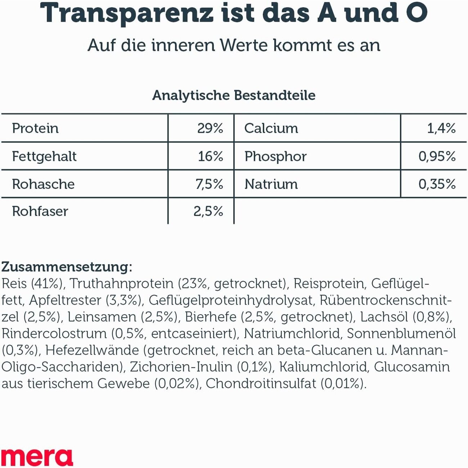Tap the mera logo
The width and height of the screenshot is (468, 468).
(x=37, y=457)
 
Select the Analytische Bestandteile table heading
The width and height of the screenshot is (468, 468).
(x=234, y=95)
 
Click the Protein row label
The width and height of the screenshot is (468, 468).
(x=35, y=129)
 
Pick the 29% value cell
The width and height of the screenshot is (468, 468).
(x=210, y=129)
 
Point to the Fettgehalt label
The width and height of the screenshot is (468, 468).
(x=44, y=157)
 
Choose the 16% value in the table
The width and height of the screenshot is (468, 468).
(x=211, y=157)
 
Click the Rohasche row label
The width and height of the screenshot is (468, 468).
(x=43, y=184)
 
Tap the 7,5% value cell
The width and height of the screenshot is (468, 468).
(x=209, y=184)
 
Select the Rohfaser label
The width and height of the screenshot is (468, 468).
(x=40, y=211)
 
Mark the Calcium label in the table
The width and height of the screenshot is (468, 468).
(x=271, y=129)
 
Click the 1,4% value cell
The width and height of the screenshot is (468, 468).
(x=441, y=129)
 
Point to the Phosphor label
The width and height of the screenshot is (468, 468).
(x=275, y=157)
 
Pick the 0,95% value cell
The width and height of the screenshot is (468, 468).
(x=437, y=157)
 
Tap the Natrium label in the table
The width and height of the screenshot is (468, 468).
(x=271, y=184)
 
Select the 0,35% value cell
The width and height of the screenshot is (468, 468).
(x=437, y=184)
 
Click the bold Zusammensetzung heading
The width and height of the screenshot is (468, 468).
(x=67, y=267)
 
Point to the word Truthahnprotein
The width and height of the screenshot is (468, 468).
(x=122, y=284)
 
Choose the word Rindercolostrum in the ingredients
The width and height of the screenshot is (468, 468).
(x=54, y=333)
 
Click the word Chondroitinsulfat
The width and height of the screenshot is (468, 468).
(x=261, y=383)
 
